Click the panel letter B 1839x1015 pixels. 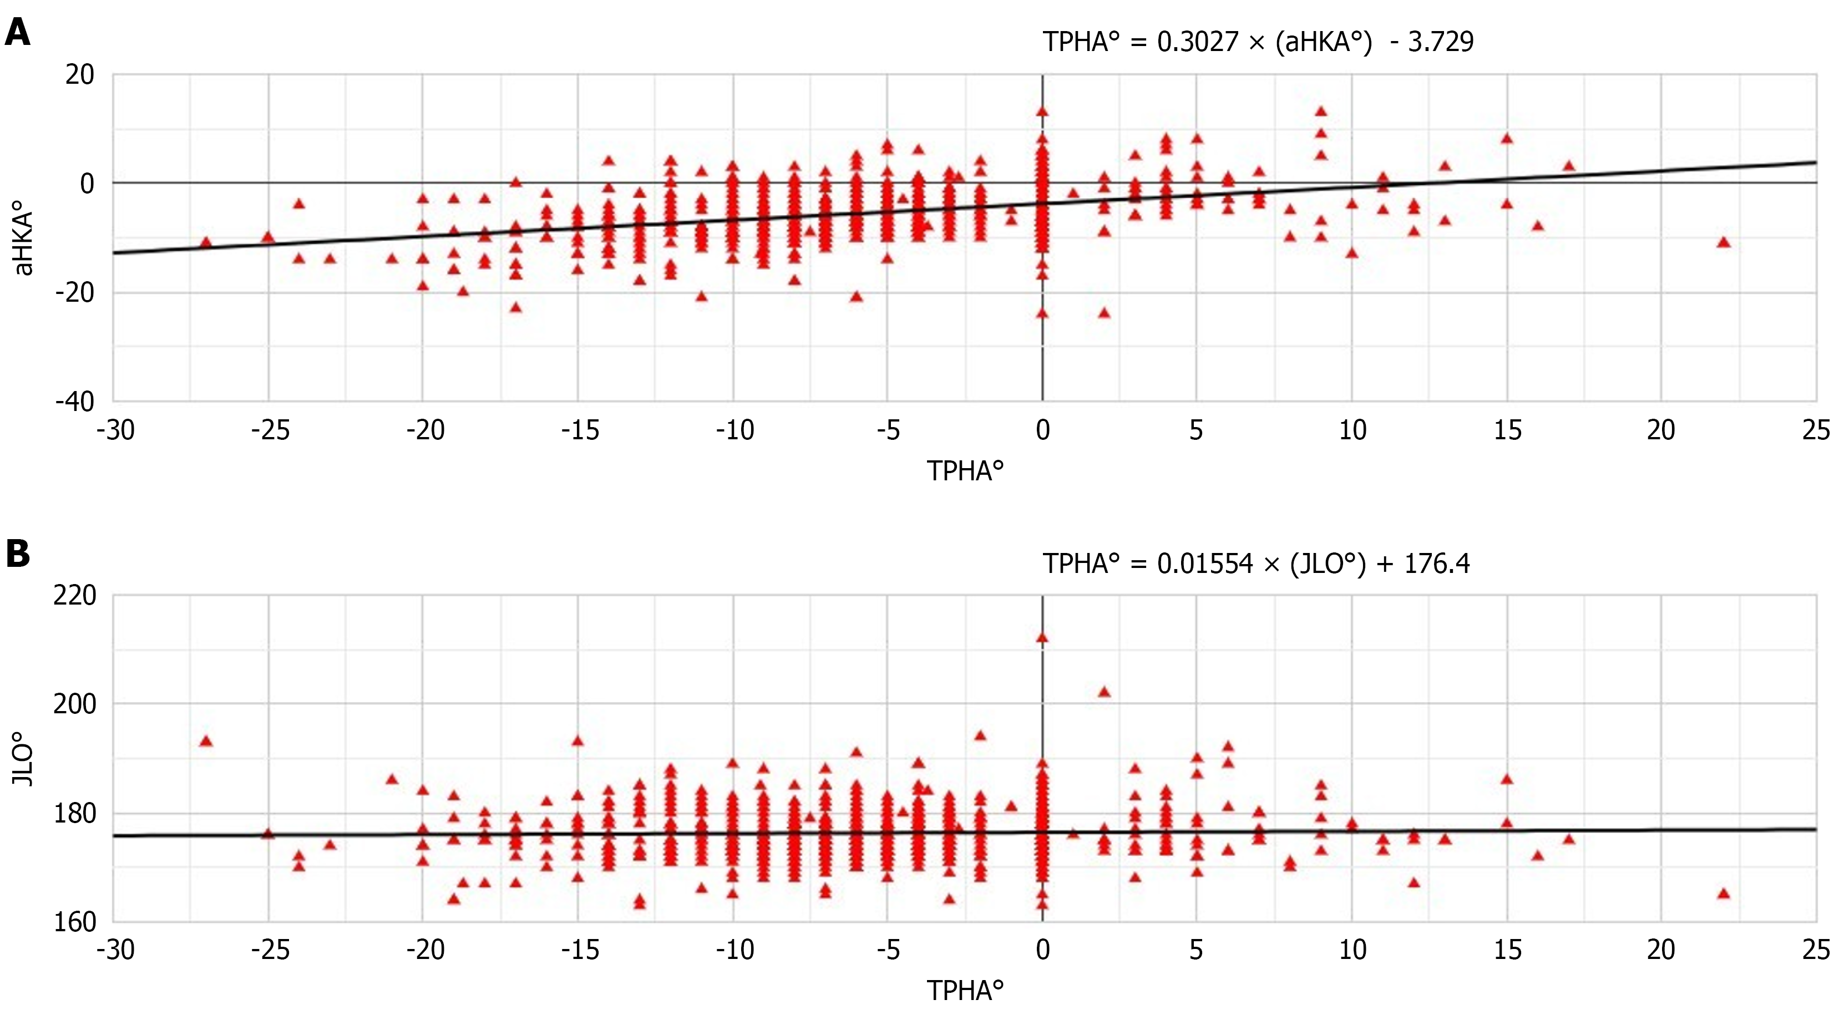tap(17, 554)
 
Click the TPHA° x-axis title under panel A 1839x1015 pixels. tap(965, 471)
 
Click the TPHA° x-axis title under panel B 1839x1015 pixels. tap(965, 991)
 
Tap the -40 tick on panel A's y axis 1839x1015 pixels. tap(74, 402)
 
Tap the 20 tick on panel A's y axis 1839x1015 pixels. tap(79, 74)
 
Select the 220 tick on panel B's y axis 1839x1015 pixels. tap(74, 595)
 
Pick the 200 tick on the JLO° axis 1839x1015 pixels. tap(74, 704)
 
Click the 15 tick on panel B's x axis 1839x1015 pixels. tap(1507, 950)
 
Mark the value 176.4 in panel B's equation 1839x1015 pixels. tap(1436, 564)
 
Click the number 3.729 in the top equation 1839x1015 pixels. tap(1440, 42)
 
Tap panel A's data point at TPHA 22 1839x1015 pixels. tap(1724, 242)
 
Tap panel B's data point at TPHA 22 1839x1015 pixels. tap(1724, 893)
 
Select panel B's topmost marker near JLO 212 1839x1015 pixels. tap(1042, 637)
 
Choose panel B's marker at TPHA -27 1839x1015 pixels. tap(206, 741)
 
